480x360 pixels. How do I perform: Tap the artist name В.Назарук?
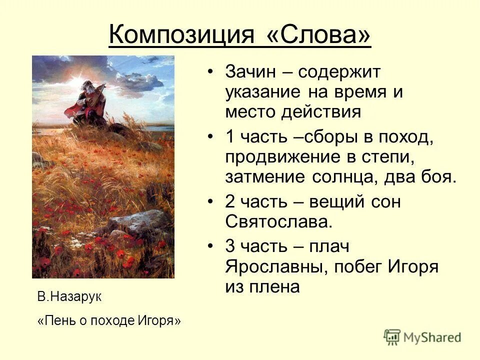coord(69,297)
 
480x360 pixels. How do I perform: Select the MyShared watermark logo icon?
coord(392,336)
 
